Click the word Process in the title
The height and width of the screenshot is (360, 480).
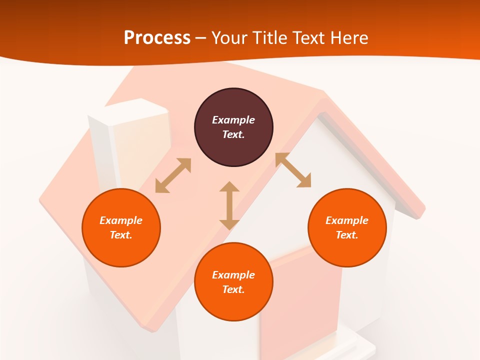pos(157,38)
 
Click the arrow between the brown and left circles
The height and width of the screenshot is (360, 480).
pos(173,175)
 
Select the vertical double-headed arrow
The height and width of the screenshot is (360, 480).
pos(229,205)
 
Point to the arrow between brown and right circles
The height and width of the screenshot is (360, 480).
pos(293,170)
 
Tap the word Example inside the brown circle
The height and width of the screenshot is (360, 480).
pos(233,120)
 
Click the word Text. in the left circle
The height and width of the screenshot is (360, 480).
pos(121,235)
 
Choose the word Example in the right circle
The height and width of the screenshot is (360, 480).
pos(347,220)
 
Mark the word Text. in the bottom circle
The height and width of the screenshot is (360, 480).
pos(233,289)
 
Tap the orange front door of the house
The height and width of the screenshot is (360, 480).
pos(300,300)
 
